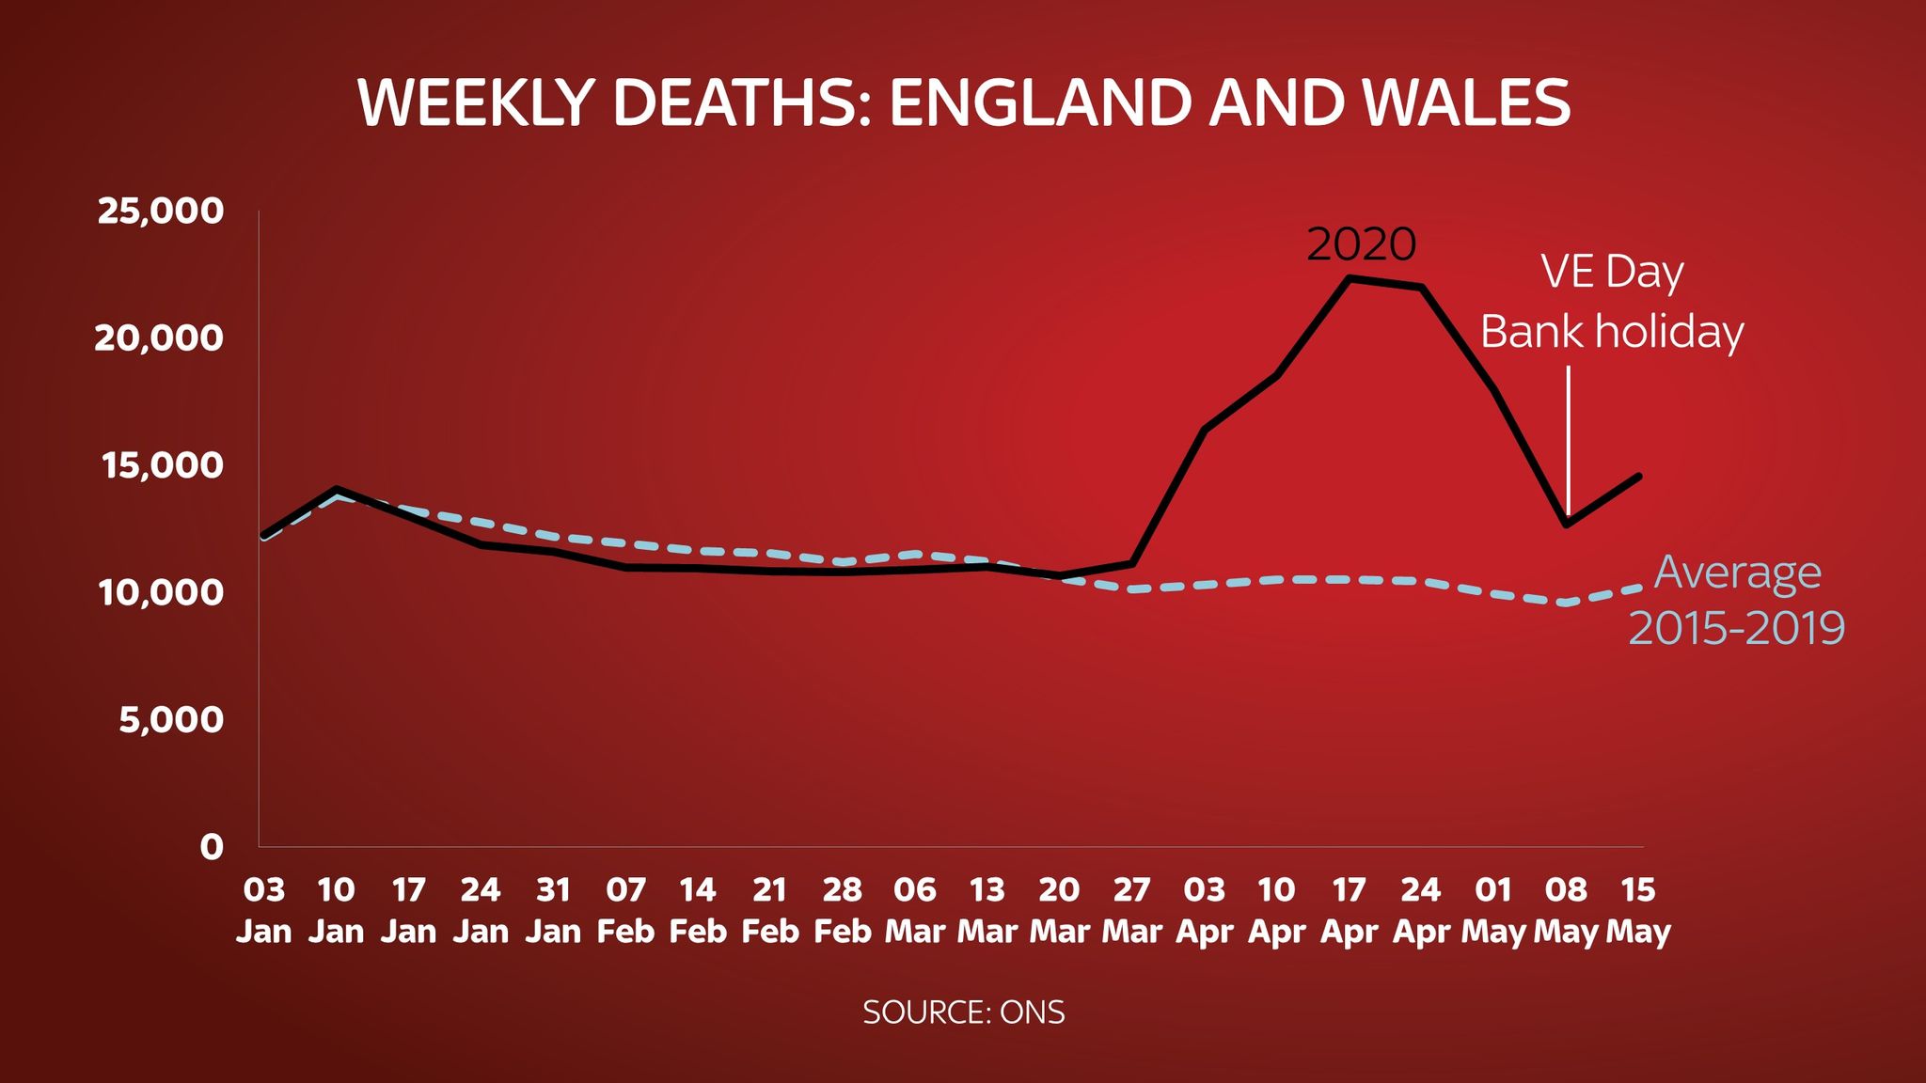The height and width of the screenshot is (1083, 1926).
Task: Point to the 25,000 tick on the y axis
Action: pyautogui.click(x=161, y=211)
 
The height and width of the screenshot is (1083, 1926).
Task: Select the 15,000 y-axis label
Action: pyautogui.click(x=163, y=465)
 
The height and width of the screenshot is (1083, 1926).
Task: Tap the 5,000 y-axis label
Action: pyautogui.click(x=171, y=720)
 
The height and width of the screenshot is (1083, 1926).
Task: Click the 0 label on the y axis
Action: pyautogui.click(x=212, y=847)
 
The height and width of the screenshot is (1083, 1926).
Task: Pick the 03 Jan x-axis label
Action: pyautogui.click(x=263, y=910)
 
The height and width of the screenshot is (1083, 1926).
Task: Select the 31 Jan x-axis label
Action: pyautogui.click(x=553, y=910)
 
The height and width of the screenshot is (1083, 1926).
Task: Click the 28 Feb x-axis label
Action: pyautogui.click(x=842, y=910)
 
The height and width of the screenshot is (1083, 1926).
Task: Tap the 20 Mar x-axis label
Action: pyautogui.click(x=1059, y=910)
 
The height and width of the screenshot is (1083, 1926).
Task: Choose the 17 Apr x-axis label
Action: pyautogui.click(x=1349, y=910)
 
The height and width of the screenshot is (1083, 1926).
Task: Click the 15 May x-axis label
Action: pyautogui.click(x=1638, y=910)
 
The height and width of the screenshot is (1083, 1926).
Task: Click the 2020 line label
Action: pyautogui.click(x=1361, y=244)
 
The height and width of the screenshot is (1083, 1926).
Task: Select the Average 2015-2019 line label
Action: pyautogui.click(x=1736, y=600)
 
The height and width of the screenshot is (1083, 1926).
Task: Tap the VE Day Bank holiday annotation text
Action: pyautogui.click(x=1612, y=302)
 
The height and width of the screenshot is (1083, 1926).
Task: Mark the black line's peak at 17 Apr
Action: pyautogui.click(x=1350, y=278)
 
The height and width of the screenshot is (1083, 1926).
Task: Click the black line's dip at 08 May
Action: pyautogui.click(x=1567, y=524)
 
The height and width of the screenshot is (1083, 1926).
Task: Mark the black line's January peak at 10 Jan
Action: pyautogui.click(x=337, y=490)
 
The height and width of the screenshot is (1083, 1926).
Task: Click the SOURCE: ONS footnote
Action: pyautogui.click(x=963, y=1012)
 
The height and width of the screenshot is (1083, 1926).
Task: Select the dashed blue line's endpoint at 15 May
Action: pyautogui.click(x=1638, y=589)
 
